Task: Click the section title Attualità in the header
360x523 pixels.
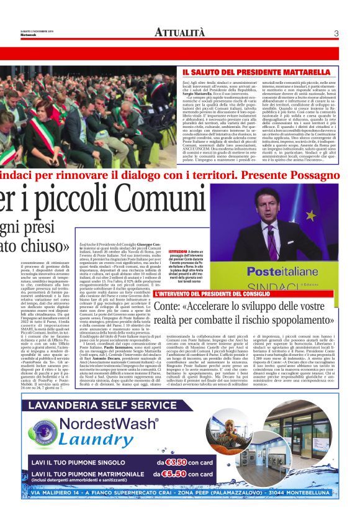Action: pos(179,32)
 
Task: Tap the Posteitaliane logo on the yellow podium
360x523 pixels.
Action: pos(287,271)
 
